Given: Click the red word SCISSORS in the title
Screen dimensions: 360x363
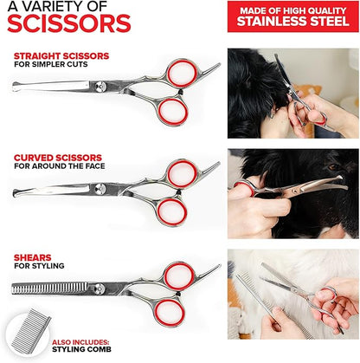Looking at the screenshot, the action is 69,23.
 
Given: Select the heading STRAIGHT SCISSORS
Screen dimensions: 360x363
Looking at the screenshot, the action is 61,55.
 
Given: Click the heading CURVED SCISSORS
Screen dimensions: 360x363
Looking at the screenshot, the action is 58,158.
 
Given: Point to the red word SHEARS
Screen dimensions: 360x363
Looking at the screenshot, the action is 33,257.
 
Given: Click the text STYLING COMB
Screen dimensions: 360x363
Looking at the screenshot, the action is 81,349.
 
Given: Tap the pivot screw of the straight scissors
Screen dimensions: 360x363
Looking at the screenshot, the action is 100,86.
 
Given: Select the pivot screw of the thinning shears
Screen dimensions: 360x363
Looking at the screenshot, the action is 99,288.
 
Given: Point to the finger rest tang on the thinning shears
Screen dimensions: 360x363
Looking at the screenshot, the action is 209,270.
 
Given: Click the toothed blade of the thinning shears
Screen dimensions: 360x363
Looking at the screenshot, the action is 49,288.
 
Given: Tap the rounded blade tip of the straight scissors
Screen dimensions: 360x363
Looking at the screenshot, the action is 16,87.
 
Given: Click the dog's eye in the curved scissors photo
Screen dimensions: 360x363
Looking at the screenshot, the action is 333,167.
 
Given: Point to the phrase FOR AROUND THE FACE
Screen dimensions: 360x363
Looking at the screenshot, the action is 60,166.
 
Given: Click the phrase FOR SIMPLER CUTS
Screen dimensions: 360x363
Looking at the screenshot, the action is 51,64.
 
